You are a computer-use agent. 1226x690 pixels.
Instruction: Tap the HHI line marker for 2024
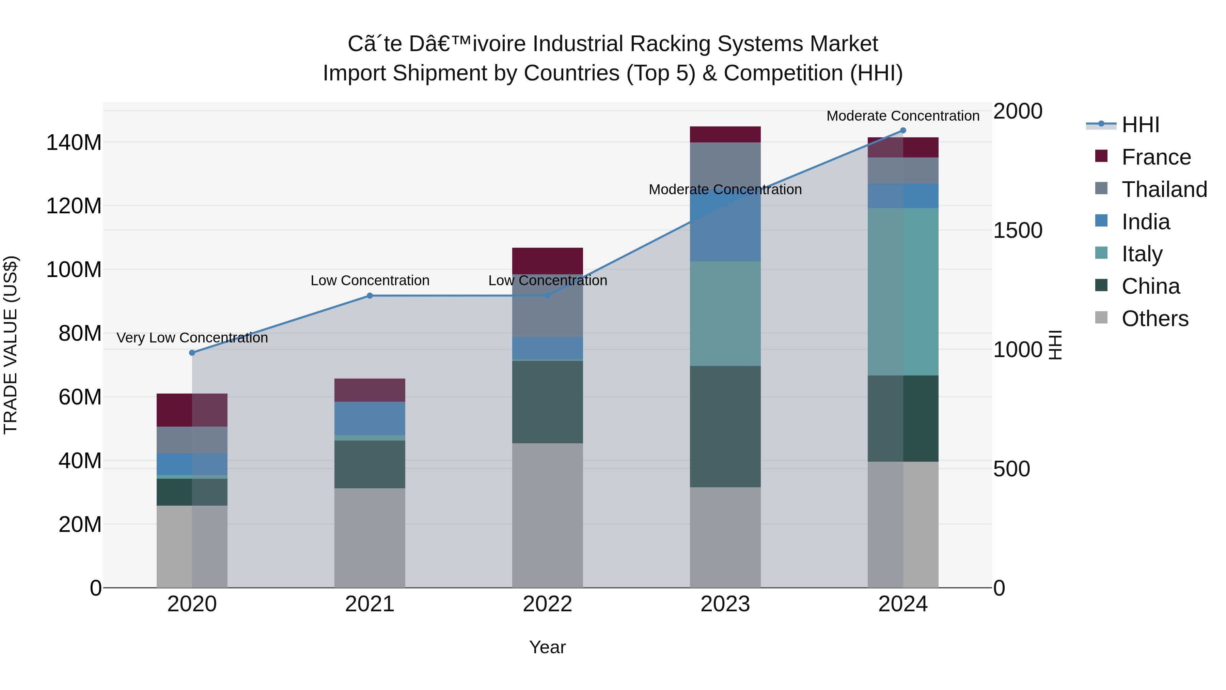pos(903,131)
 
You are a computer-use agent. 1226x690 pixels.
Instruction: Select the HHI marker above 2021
pos(370,296)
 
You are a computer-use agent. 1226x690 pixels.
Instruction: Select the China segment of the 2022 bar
pos(547,402)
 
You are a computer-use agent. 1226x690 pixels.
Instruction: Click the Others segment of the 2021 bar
pos(370,538)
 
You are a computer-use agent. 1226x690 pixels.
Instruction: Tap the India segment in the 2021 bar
pos(370,418)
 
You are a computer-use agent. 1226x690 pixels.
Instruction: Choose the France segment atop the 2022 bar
pos(547,261)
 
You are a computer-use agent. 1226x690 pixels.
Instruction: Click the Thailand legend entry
pos(1164,189)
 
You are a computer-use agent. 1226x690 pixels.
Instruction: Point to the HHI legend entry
pos(1140,125)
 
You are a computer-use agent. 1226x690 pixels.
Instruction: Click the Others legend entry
pos(1154,319)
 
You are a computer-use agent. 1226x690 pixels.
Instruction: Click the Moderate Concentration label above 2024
pos(903,116)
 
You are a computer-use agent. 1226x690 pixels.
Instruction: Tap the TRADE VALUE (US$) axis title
pos(11,345)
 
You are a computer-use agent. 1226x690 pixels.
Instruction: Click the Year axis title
pos(547,647)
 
